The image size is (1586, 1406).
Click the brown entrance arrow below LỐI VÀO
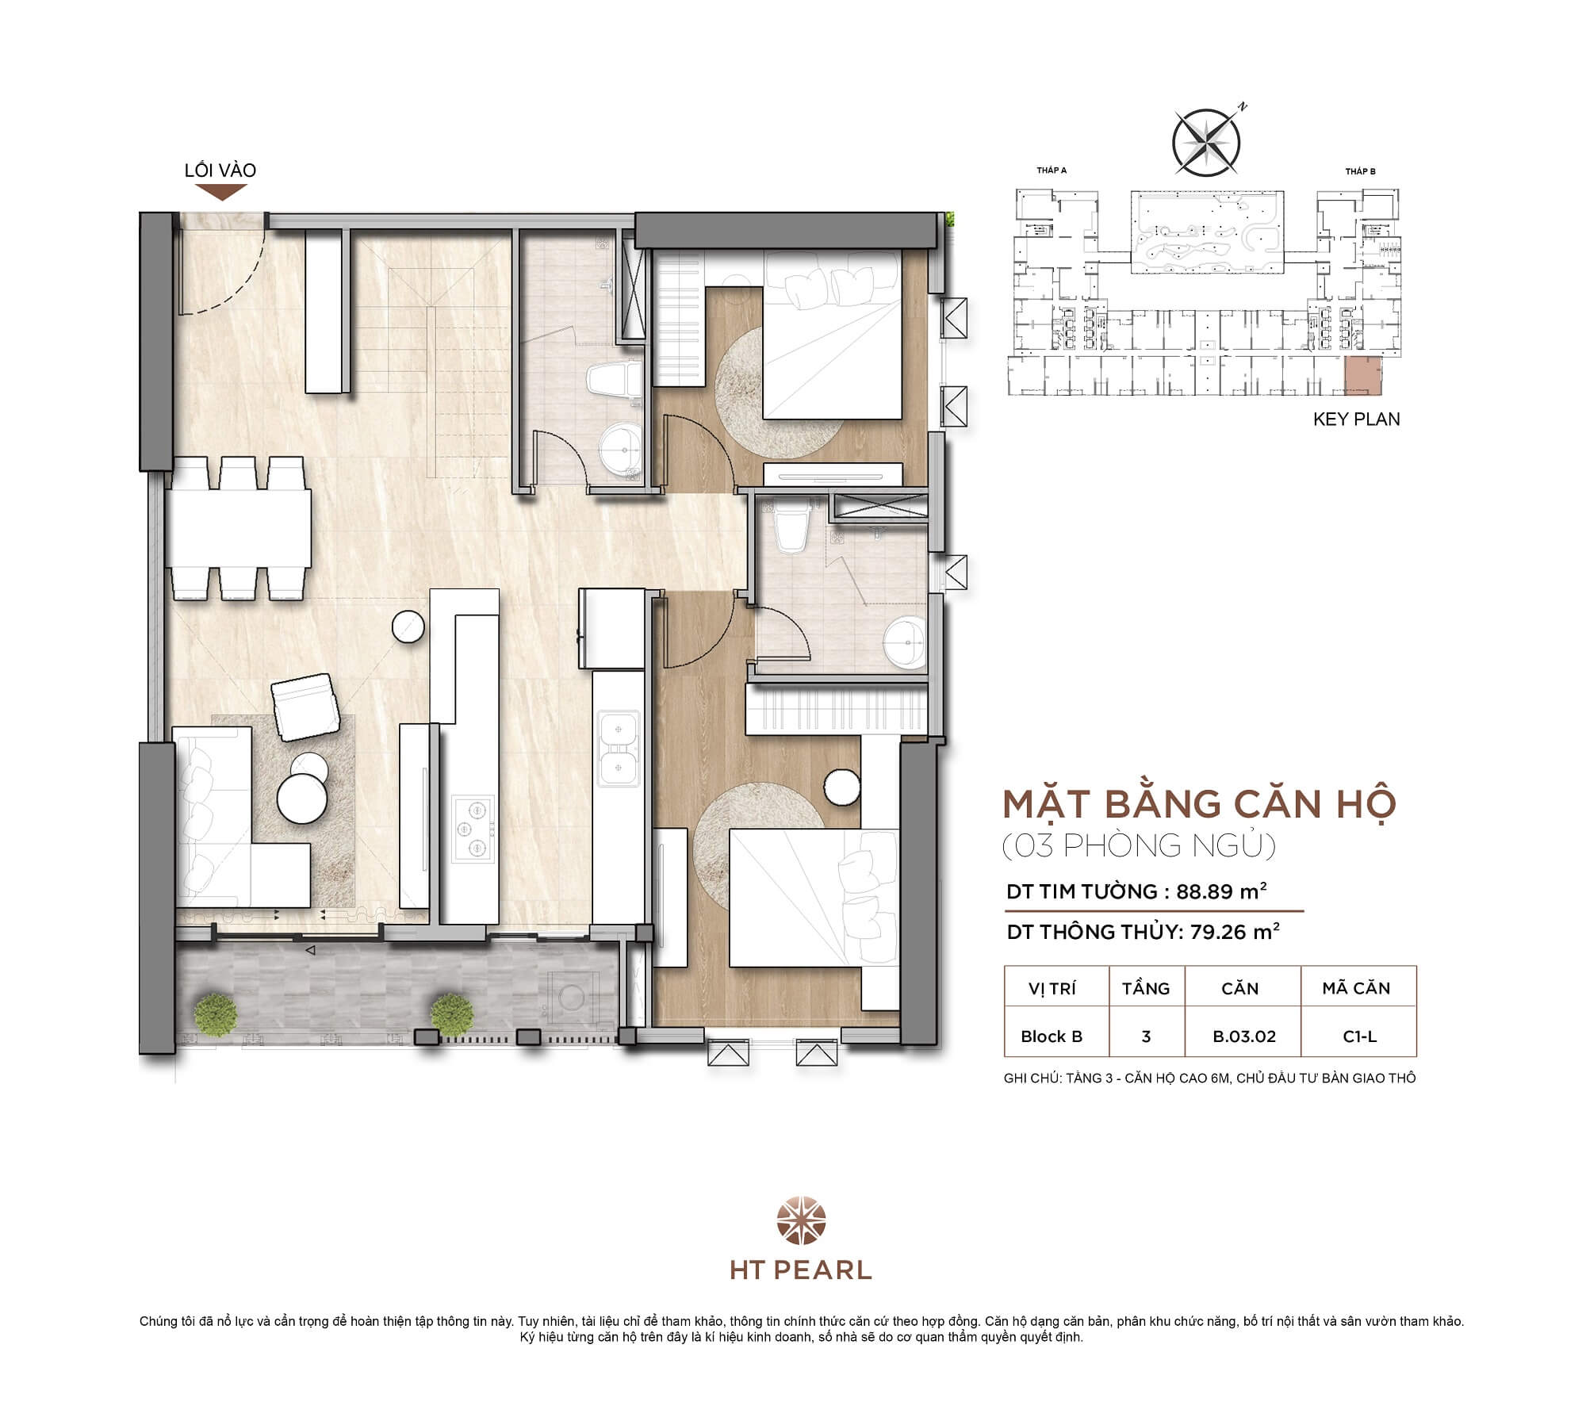[221, 191]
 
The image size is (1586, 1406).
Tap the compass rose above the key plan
[1206, 143]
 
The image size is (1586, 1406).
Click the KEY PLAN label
[1356, 420]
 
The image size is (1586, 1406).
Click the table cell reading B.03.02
[1243, 1036]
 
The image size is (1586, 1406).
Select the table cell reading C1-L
[1359, 1036]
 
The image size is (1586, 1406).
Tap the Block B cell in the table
[1052, 1036]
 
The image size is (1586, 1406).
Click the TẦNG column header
[1145, 988]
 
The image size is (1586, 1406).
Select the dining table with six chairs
[239, 527]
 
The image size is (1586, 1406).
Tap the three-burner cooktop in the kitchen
[470, 829]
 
